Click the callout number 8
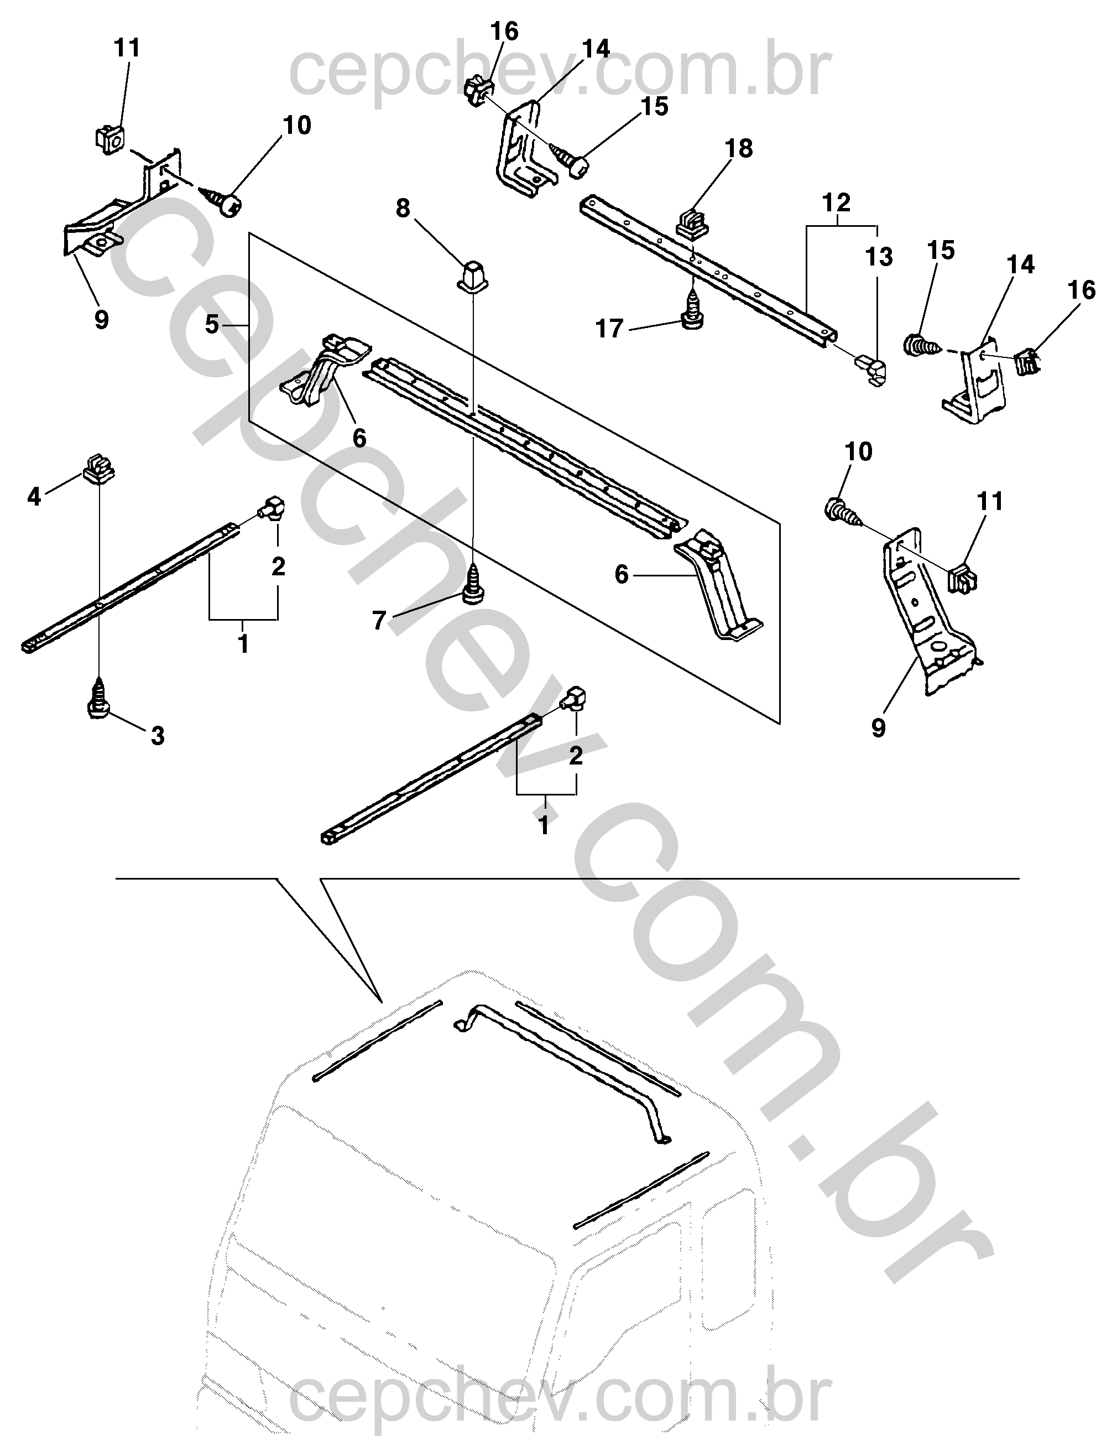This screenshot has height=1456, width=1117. tap(403, 209)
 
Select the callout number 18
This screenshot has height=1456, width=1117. tap(739, 148)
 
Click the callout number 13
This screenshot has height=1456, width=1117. tap(879, 257)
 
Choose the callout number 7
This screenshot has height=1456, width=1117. tap(379, 621)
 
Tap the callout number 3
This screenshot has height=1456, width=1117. tap(158, 736)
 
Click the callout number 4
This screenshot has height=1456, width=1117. tap(34, 496)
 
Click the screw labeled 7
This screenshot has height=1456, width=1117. tap(473, 583)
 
